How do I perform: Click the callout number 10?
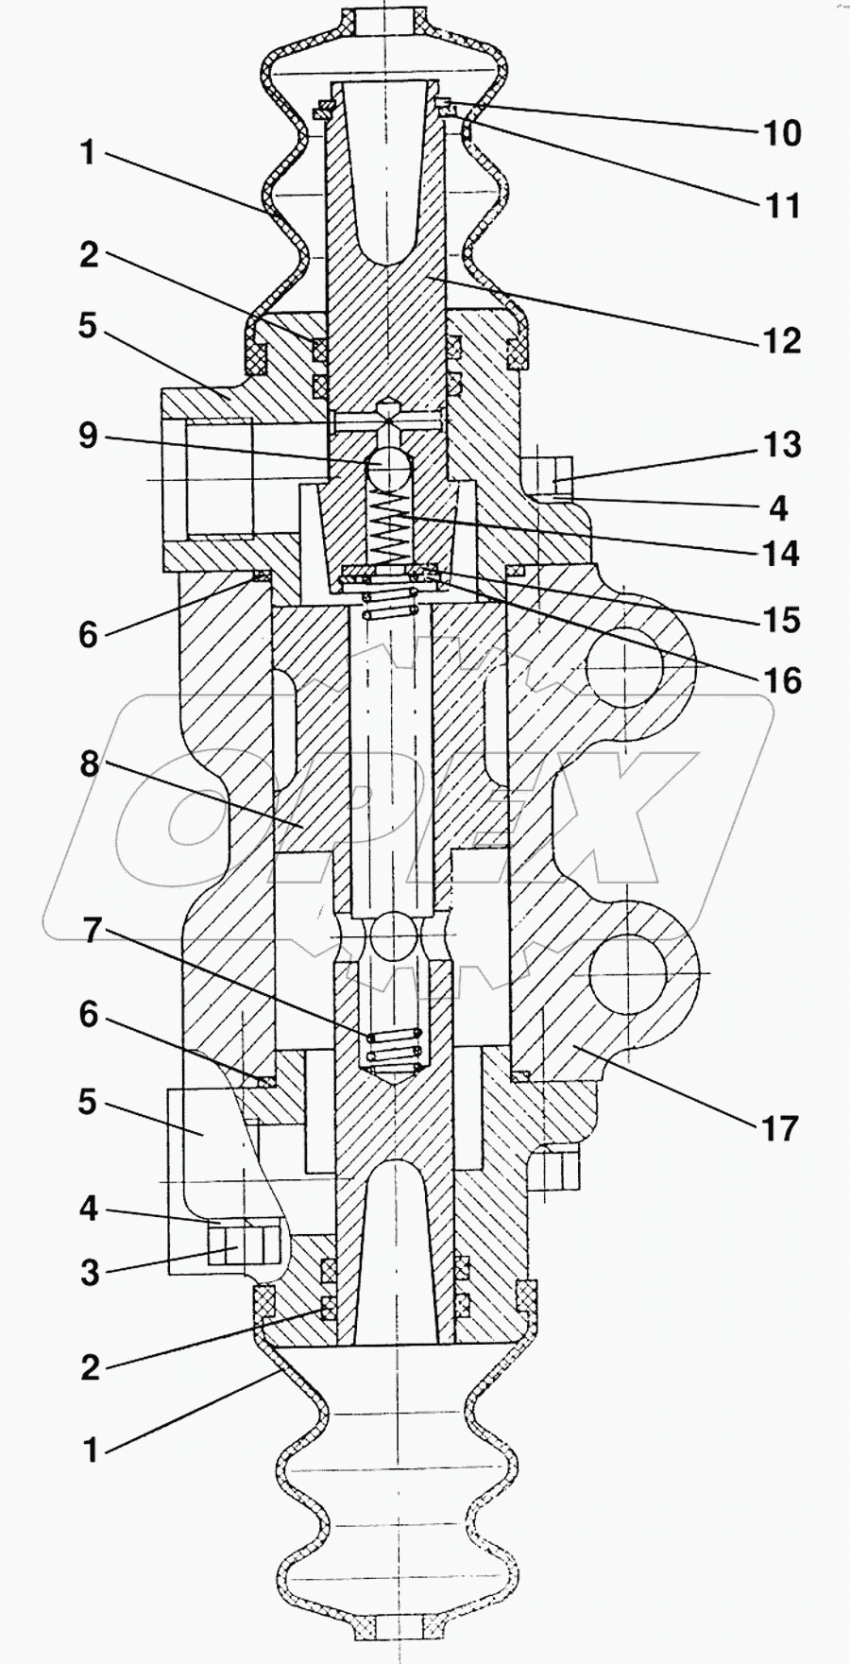point(781,133)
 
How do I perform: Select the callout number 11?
point(781,204)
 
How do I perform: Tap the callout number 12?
point(781,340)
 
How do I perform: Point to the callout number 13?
point(781,444)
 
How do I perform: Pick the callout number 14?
point(781,553)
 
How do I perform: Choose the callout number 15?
point(781,620)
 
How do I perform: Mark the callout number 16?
point(781,679)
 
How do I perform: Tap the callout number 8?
point(89,763)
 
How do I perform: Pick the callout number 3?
point(89,1272)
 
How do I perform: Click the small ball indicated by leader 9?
point(389,470)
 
